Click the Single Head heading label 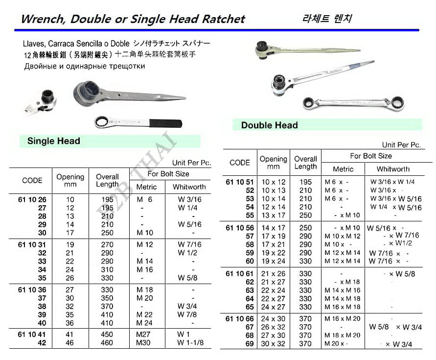click(53, 141)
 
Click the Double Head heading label click(269, 125)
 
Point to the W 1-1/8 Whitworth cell click(190, 343)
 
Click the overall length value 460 click(107, 343)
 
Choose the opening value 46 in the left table click(70, 343)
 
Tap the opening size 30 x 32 click(273, 344)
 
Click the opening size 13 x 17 click(273, 216)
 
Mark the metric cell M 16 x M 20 click(342, 318)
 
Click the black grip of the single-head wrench click(166, 122)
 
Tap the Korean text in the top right click(327, 19)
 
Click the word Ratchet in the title click(222, 20)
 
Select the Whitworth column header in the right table click(393, 169)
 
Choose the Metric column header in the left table click(146, 187)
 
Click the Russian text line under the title click(85, 66)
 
